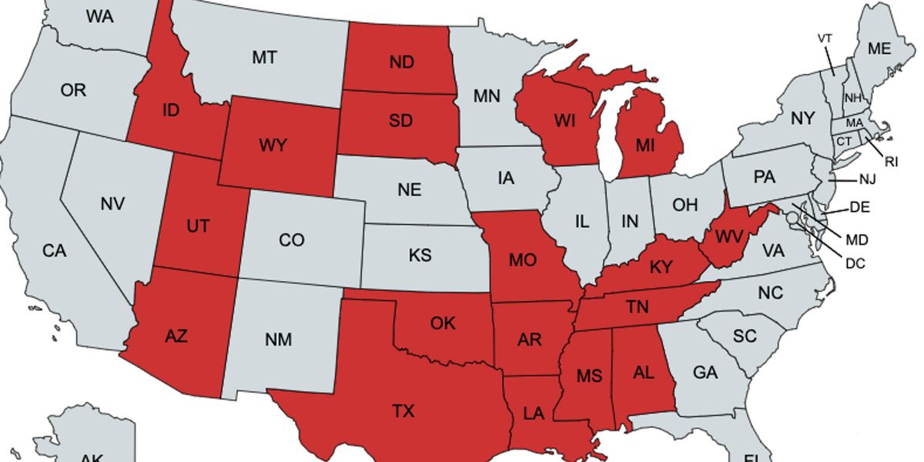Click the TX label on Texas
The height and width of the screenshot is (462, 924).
[x=403, y=411]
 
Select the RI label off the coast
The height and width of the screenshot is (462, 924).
[x=891, y=162]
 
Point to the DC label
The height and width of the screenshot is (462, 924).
[x=855, y=263]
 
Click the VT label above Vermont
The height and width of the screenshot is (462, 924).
[x=825, y=38]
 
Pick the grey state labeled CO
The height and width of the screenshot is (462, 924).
[x=291, y=240]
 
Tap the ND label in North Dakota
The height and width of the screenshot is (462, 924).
[x=401, y=63]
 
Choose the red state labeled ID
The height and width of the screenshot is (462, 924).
[x=170, y=110]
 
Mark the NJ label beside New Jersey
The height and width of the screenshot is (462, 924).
[x=868, y=179]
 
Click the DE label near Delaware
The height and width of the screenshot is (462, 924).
[x=859, y=207]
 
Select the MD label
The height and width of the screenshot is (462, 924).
[x=856, y=239]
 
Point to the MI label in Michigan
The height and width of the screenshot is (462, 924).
[x=645, y=142]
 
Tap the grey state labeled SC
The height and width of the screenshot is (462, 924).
[x=745, y=336]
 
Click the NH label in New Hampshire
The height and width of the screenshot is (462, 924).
[x=853, y=98]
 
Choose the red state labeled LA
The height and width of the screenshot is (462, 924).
[x=533, y=413]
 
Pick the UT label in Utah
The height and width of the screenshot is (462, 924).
[x=198, y=226]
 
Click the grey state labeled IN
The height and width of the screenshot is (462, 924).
[x=630, y=222]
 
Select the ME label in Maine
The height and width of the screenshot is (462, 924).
[x=879, y=49]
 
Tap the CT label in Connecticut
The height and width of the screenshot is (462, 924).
[x=844, y=142]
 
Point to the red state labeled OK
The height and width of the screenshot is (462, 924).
[x=443, y=323]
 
